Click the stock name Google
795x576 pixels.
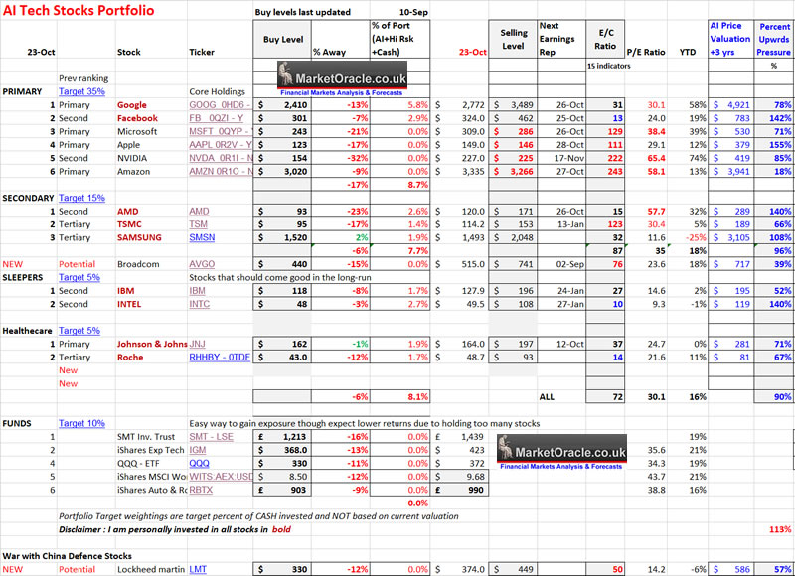[131, 104]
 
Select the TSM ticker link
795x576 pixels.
[198, 224]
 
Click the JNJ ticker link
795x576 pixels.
[198, 344]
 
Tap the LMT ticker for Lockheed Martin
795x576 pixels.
[199, 569]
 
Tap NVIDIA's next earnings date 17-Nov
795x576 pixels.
[563, 157]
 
